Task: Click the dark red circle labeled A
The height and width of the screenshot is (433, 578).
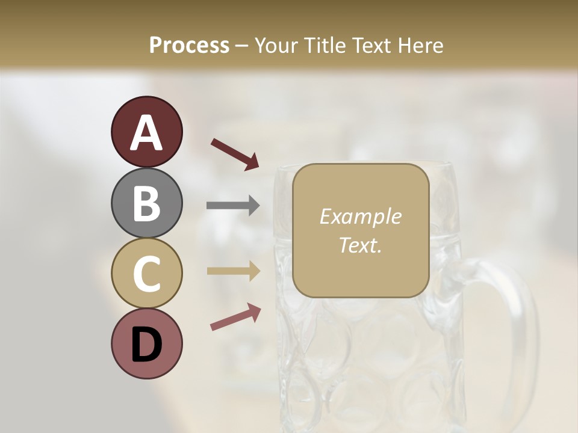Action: click(x=146, y=132)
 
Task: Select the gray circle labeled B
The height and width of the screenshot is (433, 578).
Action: click(x=146, y=203)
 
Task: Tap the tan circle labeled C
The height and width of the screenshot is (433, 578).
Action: click(x=146, y=273)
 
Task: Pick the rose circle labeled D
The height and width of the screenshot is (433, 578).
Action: click(x=146, y=344)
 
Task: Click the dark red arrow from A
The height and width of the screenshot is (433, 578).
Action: click(x=235, y=153)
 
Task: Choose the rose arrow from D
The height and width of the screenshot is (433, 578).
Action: click(x=235, y=317)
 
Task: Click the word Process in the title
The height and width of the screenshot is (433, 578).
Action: click(x=189, y=46)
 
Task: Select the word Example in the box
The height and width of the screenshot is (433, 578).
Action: click(x=360, y=216)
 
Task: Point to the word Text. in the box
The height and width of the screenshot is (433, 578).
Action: click(x=360, y=245)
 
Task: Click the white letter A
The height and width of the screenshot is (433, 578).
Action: click(x=146, y=132)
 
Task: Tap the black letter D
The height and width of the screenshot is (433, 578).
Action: click(x=146, y=345)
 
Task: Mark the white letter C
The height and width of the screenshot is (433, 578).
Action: click(x=146, y=274)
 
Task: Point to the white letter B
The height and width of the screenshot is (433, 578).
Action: click(x=146, y=203)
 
